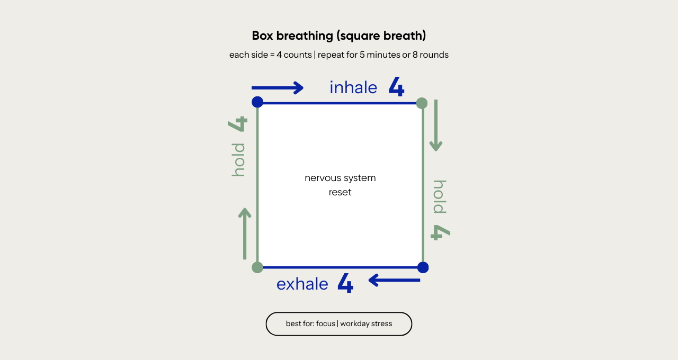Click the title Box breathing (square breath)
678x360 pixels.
339,36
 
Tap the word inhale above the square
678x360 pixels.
353,88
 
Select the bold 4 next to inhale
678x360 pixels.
396,87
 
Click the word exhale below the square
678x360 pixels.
302,284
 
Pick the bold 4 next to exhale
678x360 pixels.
345,284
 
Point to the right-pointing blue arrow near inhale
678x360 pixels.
278,87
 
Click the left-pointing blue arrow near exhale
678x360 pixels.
394,280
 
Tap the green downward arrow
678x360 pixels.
436,125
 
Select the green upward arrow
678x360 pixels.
245,233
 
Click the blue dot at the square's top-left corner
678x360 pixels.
257,102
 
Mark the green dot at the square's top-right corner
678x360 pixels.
422,103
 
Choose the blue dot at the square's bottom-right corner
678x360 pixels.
423,267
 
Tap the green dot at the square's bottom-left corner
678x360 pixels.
257,267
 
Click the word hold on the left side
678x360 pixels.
238,159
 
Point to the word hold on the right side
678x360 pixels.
440,197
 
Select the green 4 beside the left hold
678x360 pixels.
238,124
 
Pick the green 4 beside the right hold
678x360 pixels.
440,232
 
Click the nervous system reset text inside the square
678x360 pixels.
340,185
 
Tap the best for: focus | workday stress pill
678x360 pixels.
339,324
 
